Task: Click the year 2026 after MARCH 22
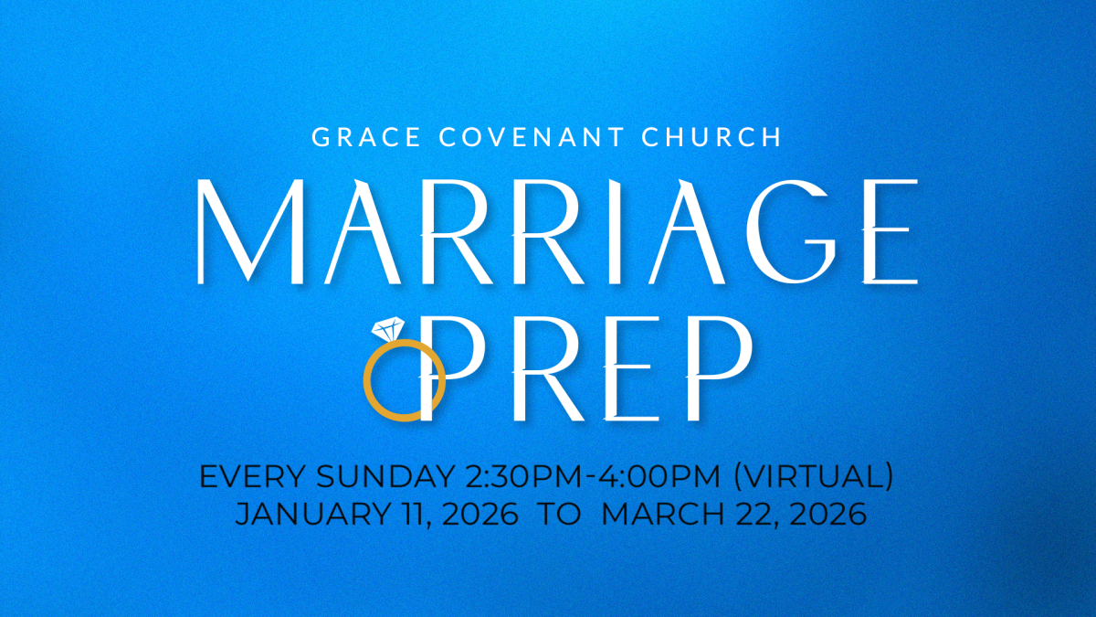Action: (x=822, y=514)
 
